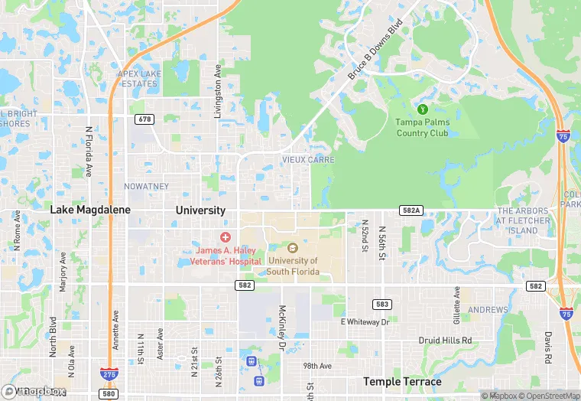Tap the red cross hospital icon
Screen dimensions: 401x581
point(226,238)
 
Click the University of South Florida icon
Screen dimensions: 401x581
point(292,248)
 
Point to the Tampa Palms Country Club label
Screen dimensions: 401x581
point(423,128)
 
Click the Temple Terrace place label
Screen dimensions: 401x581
point(402,382)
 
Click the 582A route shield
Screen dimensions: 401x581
point(410,209)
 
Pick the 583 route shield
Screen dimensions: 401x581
point(382,305)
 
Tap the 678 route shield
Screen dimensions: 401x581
point(143,119)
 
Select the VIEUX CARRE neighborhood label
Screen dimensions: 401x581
point(308,160)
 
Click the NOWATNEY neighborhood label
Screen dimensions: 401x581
point(147,187)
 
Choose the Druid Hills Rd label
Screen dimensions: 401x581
point(445,340)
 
